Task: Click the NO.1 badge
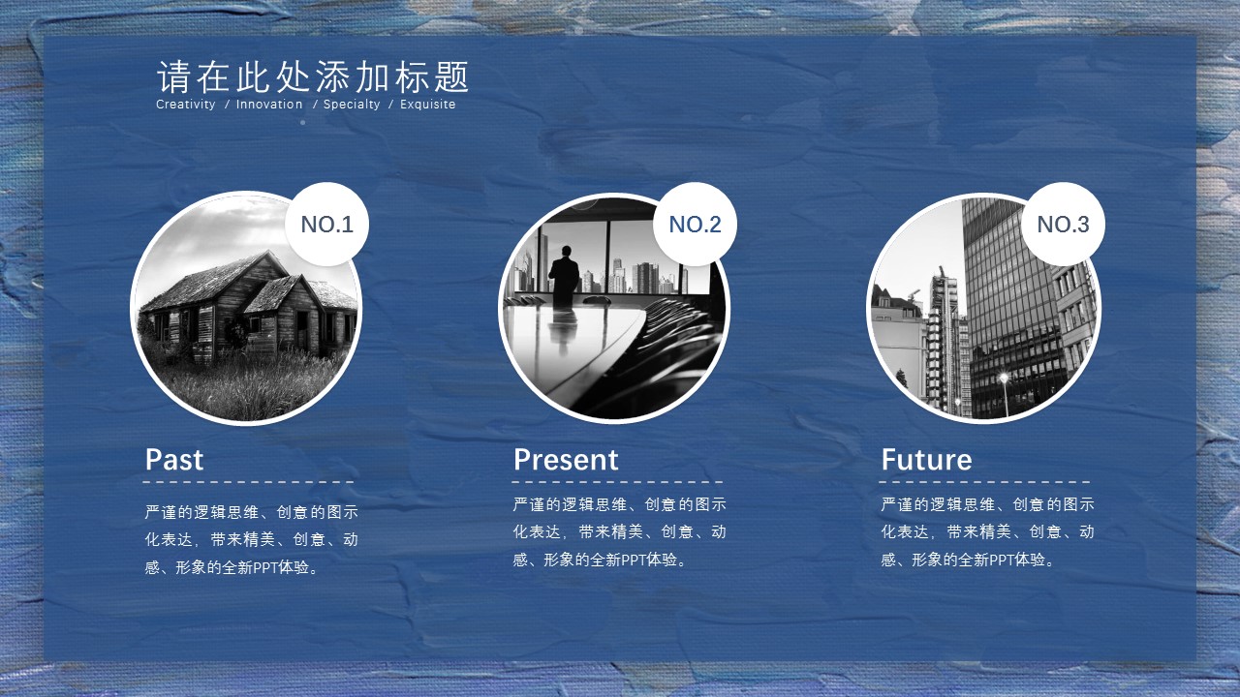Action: [326, 224]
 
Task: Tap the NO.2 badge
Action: [695, 224]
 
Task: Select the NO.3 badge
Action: [1063, 224]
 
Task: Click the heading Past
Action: [174, 460]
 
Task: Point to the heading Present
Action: [566, 460]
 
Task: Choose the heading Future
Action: [927, 460]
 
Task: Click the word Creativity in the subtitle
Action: [185, 104]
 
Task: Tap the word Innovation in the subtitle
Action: [269, 104]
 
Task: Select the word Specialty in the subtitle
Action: [352, 105]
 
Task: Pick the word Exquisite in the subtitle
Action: [428, 105]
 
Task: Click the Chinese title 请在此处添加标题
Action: [313, 76]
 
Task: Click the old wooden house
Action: [249, 307]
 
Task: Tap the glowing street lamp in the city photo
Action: [1004, 378]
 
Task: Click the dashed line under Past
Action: [248, 482]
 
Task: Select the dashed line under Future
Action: [984, 482]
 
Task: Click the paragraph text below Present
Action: [619, 532]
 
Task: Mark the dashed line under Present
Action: [617, 482]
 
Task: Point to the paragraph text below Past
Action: [251, 540]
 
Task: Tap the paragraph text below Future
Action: [987, 532]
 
